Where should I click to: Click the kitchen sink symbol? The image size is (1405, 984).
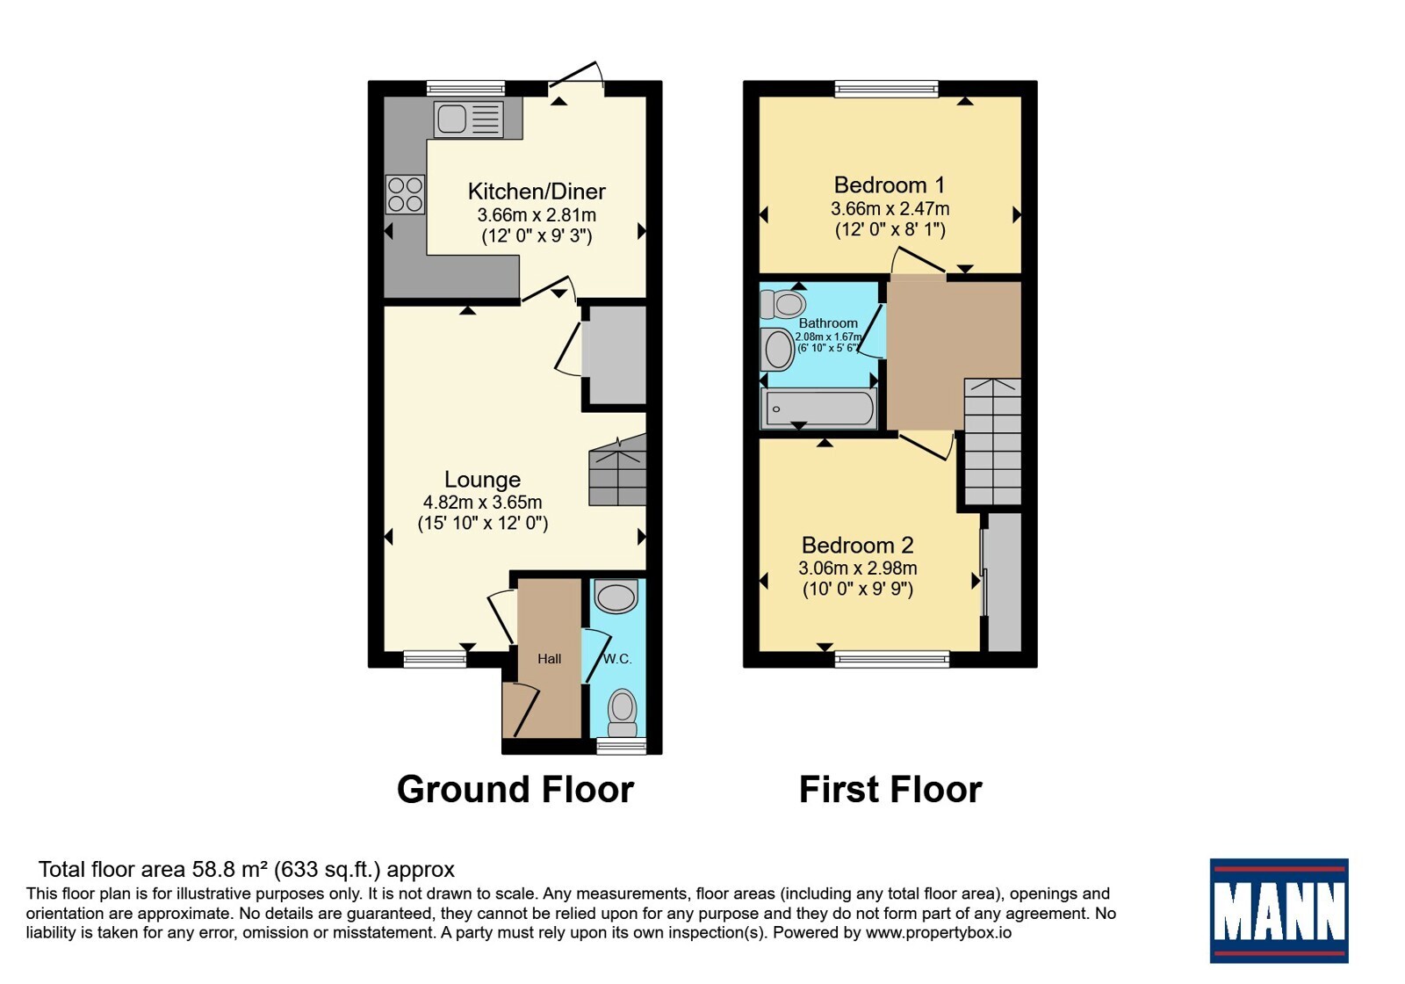tap(469, 119)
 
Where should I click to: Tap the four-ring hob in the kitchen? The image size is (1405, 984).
tap(405, 194)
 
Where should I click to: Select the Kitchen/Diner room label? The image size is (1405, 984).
tap(537, 192)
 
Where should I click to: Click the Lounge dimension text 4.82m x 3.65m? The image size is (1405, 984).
tap(482, 502)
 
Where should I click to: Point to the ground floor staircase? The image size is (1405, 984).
tap(618, 470)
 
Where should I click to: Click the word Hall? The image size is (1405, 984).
tap(550, 658)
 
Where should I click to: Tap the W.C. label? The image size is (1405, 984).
tap(617, 659)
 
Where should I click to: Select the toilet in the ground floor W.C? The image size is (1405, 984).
tap(623, 713)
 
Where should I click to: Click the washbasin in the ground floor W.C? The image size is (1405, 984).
tap(616, 596)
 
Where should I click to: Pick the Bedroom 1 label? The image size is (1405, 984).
tap(890, 185)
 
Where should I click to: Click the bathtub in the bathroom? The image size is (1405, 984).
tap(818, 409)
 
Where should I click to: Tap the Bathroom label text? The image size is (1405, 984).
tap(828, 323)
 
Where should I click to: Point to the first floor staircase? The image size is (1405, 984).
tap(992, 442)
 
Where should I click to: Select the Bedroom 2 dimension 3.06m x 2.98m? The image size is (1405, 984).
tap(857, 568)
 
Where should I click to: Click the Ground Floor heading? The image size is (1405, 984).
tap(515, 790)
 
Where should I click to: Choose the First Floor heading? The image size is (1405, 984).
tap(890, 790)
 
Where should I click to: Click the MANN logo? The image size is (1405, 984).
tap(1279, 910)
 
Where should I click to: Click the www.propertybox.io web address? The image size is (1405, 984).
tap(939, 932)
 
